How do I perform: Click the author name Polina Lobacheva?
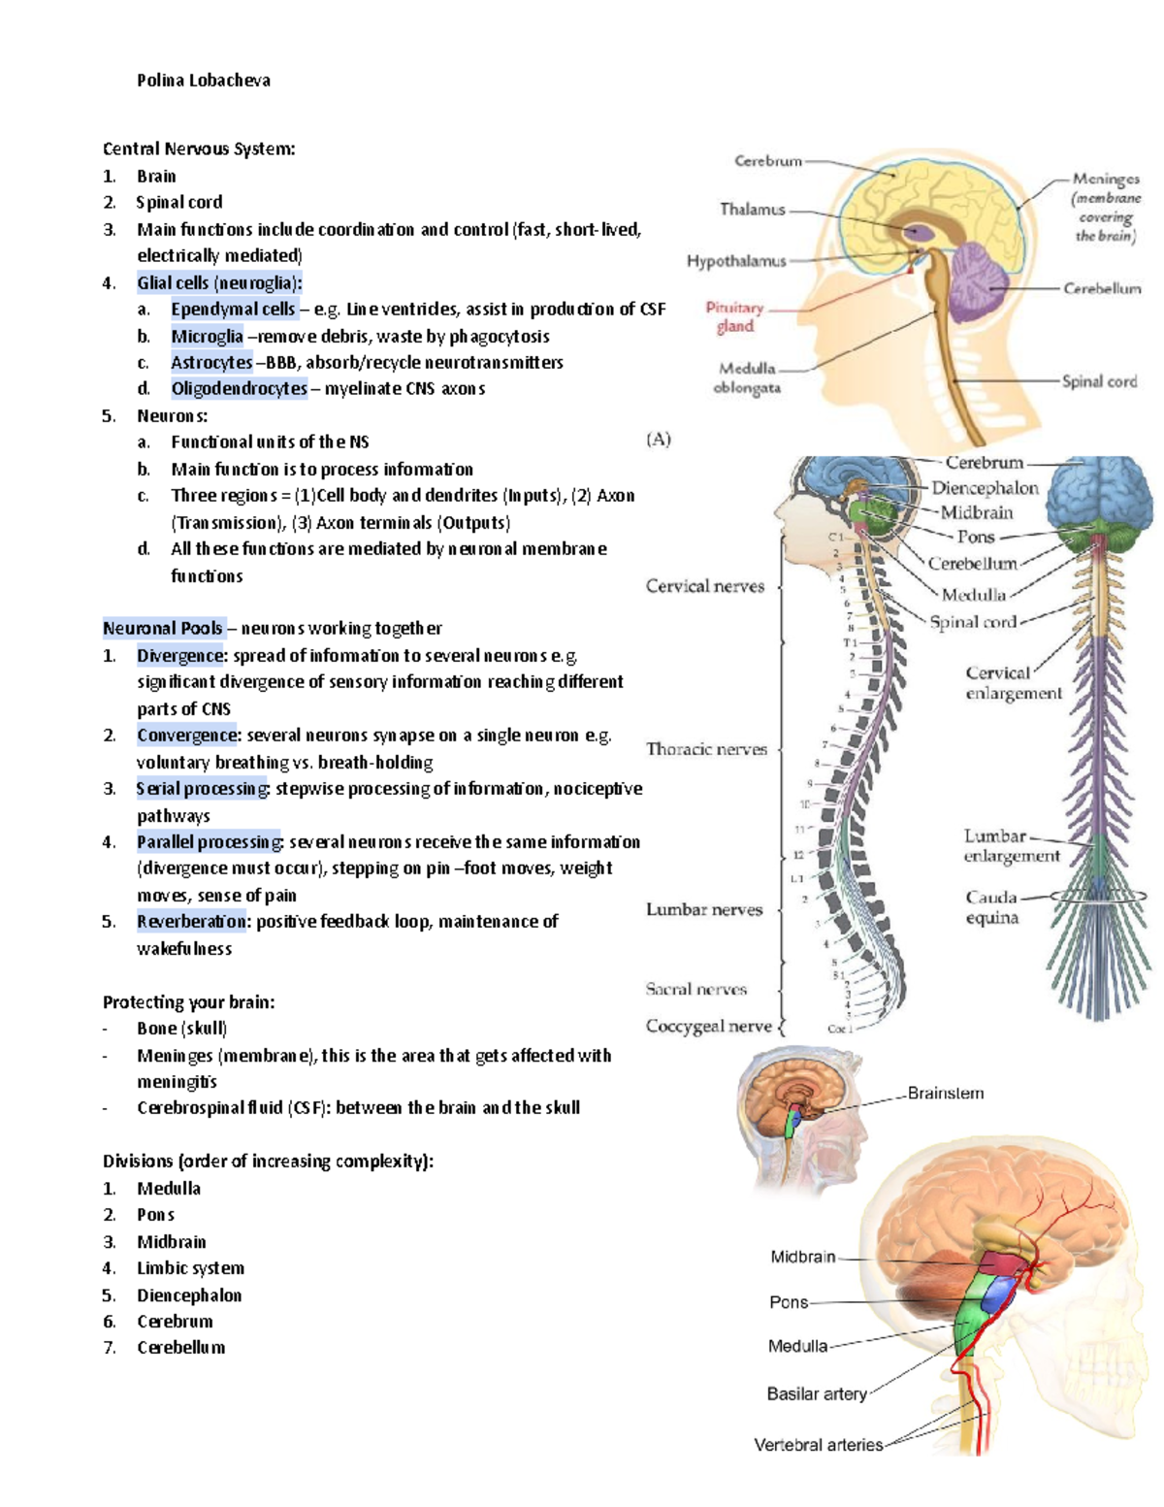pos(203,81)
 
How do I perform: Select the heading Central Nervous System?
pos(199,148)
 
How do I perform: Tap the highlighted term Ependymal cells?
pos(233,309)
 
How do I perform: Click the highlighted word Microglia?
pos(207,336)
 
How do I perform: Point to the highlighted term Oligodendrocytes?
pos(239,388)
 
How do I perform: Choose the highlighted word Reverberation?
pos(192,921)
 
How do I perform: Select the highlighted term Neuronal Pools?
pos(163,628)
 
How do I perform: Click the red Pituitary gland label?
pos(734,316)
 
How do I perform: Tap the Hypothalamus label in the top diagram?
pos(736,261)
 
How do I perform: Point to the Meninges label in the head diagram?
pos(1105,180)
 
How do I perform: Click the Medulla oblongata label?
pos(747,378)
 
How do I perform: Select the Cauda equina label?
pos(991,907)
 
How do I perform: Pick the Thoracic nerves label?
pos(706,749)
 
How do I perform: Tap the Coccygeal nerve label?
pos(709,1026)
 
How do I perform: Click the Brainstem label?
pos(945,1093)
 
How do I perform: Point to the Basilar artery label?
pos(817,1393)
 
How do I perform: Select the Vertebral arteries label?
pos(819,1445)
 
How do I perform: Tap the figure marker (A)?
pos(659,439)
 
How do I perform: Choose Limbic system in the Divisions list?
pos(190,1268)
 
